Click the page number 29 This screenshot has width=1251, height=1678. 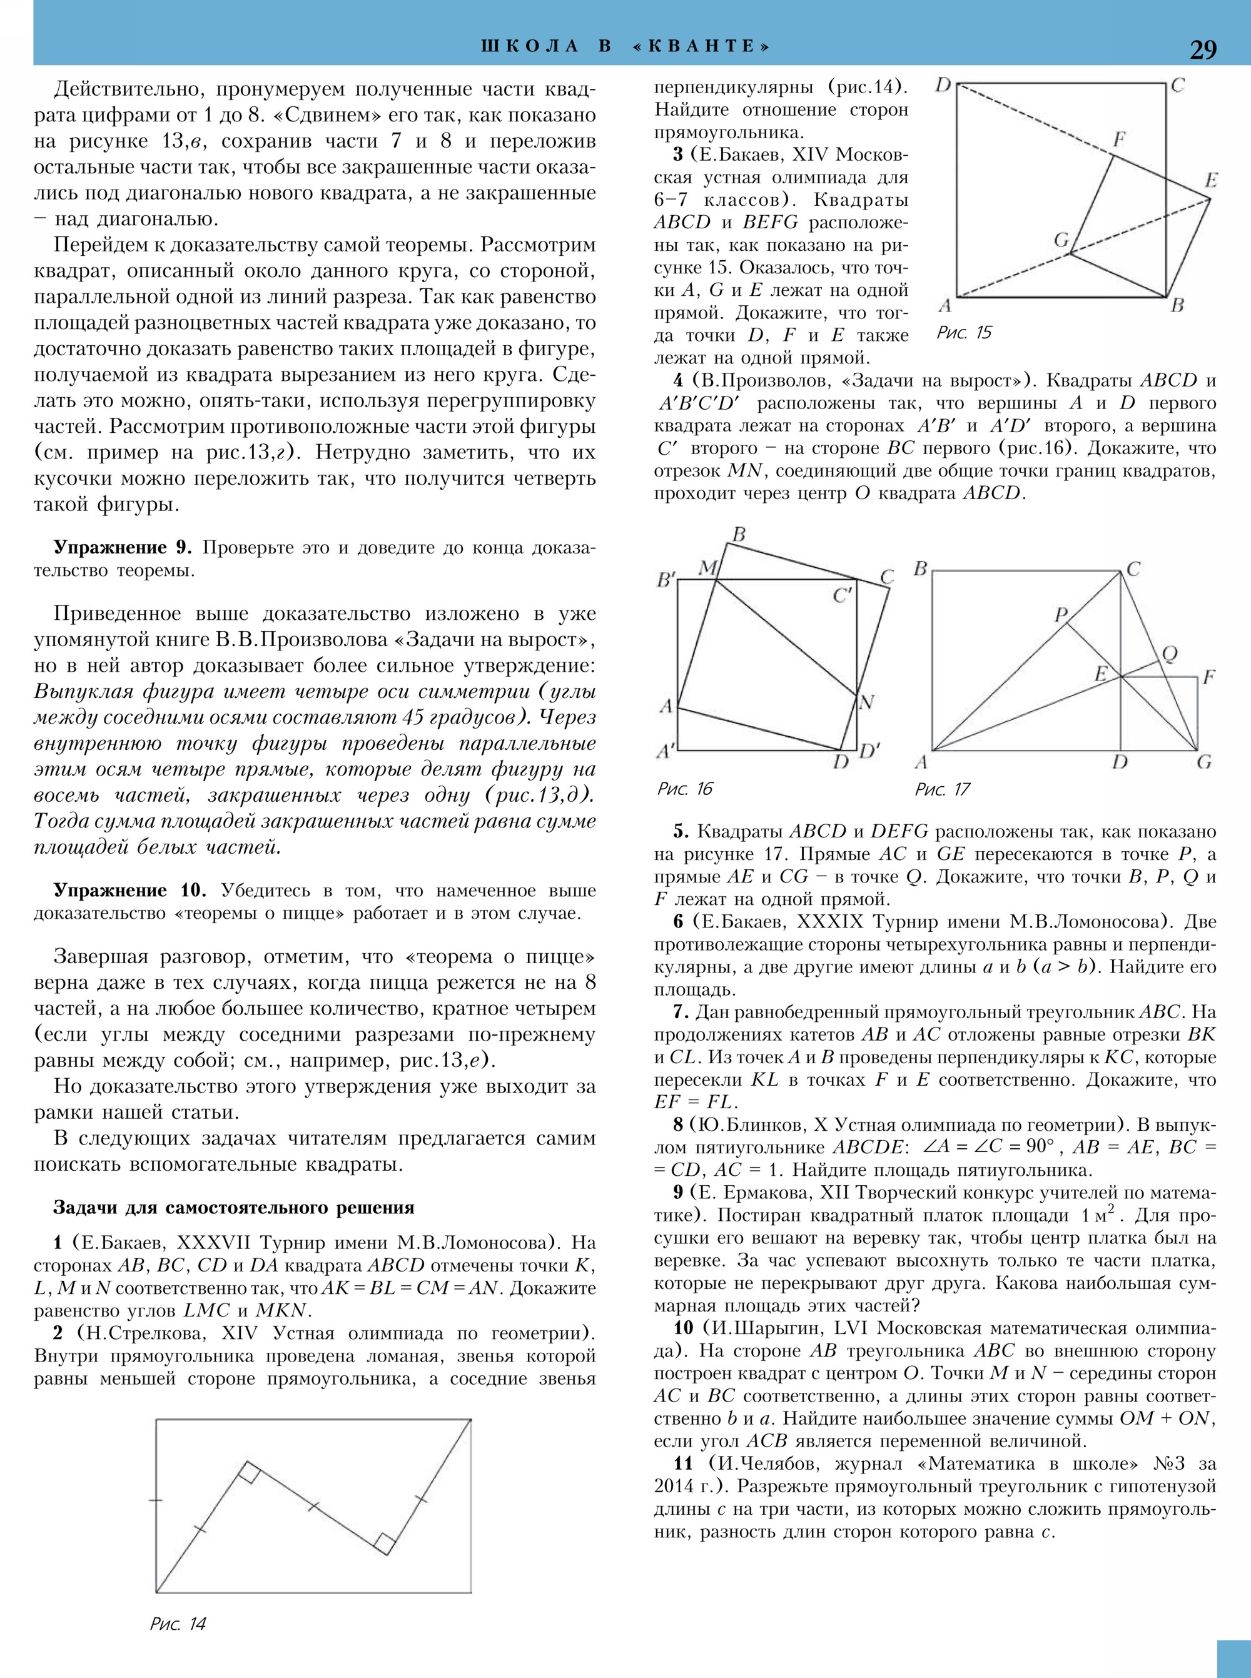click(1203, 49)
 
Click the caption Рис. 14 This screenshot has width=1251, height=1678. click(178, 1624)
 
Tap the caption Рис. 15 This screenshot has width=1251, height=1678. click(963, 333)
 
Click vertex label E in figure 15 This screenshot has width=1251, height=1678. click(1211, 180)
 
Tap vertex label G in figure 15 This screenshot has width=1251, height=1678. click(1061, 240)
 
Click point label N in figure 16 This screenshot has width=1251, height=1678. click(866, 702)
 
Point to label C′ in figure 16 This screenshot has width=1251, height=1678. click(843, 596)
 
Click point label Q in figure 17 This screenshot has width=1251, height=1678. click(1169, 654)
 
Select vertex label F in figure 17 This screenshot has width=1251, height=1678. click(1208, 676)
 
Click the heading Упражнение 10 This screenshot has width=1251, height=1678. click(128, 891)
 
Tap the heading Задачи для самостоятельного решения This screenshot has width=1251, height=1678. click(233, 1208)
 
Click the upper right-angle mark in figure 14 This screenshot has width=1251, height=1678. click(251, 1473)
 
